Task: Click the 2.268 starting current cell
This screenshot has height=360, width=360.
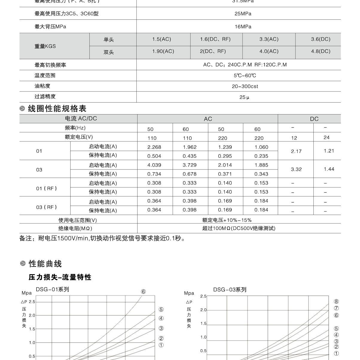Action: coord(154,147)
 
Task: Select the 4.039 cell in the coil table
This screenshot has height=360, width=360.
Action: coord(154,165)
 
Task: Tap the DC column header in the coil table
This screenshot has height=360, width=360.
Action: coord(314,119)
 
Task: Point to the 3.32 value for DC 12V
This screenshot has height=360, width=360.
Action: coord(296,169)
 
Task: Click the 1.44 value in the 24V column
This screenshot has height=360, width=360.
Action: coord(329,169)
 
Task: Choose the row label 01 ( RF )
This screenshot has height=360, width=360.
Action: coord(46,188)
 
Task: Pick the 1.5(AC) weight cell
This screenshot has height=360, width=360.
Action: coord(161,39)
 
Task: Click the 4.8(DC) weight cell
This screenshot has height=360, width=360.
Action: coord(321,51)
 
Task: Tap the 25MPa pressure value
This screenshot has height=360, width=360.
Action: coord(243,14)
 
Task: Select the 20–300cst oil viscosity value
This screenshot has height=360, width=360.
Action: coord(245,86)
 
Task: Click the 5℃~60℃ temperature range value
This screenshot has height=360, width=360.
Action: coord(245,76)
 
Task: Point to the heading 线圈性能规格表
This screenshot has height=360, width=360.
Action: coord(57,109)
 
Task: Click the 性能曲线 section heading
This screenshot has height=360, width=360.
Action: coord(45,264)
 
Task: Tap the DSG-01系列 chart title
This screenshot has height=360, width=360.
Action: coord(52,289)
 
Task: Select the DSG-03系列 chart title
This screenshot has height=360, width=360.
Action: coord(230,289)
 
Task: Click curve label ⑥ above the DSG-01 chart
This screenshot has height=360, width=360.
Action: coord(143,292)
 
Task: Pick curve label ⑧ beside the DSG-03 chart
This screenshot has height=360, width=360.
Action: coord(336,302)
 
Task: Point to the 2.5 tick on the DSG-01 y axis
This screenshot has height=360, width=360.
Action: coord(32,302)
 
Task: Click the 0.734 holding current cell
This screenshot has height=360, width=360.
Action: coord(154,174)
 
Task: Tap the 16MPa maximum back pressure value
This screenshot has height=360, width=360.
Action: coord(243,27)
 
